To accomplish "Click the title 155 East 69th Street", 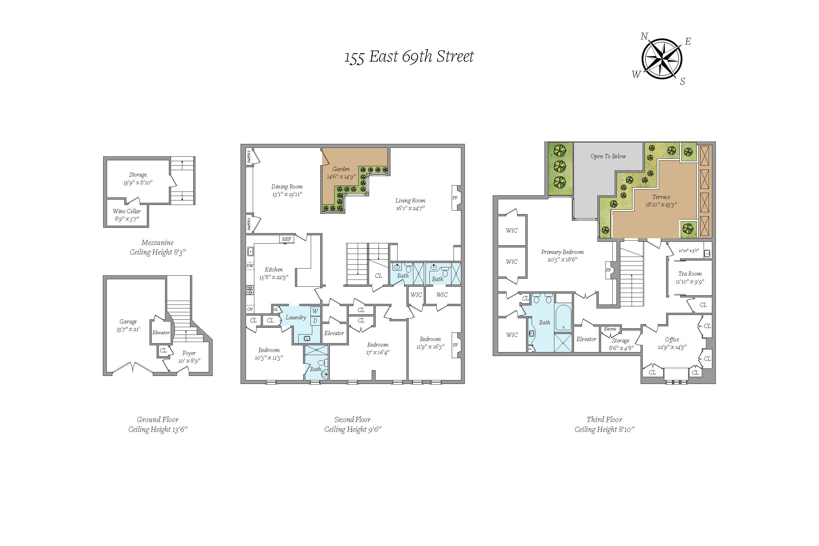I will pyautogui.click(x=409, y=57).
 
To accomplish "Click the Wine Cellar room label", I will pyautogui.click(x=127, y=211).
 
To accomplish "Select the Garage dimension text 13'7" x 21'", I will pyautogui.click(x=128, y=330).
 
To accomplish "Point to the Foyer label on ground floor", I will pyautogui.click(x=189, y=353).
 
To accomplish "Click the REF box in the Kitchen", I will pyautogui.click(x=287, y=239).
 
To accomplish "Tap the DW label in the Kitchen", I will pyautogui.click(x=250, y=266).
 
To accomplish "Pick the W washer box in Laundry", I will pyautogui.click(x=315, y=311).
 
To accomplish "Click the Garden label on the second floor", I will pyautogui.click(x=341, y=169).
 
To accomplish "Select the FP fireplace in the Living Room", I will pyautogui.click(x=455, y=198).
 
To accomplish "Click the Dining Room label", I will pyautogui.click(x=287, y=187).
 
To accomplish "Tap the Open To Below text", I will pyautogui.click(x=608, y=156).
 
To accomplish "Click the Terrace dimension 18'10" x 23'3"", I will pyautogui.click(x=661, y=205).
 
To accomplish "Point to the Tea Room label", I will pyautogui.click(x=690, y=274).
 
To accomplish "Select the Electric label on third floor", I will pyautogui.click(x=610, y=329).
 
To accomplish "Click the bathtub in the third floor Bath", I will pyautogui.click(x=563, y=317).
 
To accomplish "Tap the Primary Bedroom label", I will pyautogui.click(x=562, y=252).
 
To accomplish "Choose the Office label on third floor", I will pyautogui.click(x=672, y=340).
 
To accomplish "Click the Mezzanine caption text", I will pyautogui.click(x=157, y=243).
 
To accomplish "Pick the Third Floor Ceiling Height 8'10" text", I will pyautogui.click(x=604, y=429).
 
